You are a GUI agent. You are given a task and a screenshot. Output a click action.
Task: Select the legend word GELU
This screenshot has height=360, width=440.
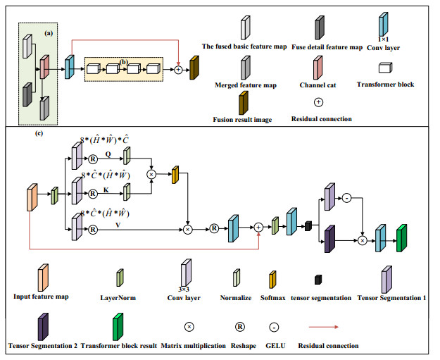coord(280,345)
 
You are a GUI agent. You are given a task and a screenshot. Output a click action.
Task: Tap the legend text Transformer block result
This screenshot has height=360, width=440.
coord(121,345)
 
